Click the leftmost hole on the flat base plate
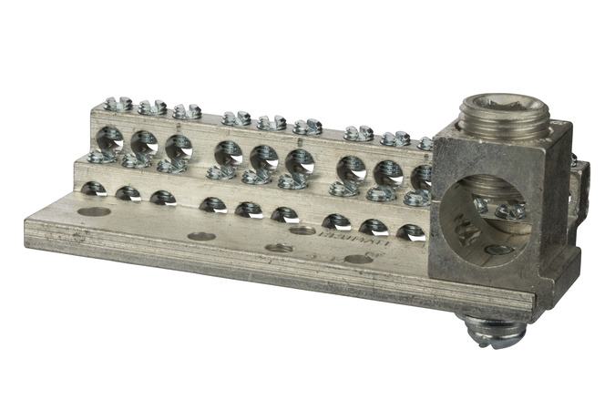(x=93, y=211)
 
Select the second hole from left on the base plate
(x=200, y=236)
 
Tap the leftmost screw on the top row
(x=118, y=104)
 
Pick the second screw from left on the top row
(x=152, y=108)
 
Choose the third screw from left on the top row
(x=187, y=112)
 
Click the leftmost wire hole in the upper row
(x=109, y=138)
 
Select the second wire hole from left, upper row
(x=144, y=142)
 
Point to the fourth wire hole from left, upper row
(x=228, y=152)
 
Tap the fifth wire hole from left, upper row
(x=263, y=157)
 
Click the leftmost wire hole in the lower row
(x=93, y=189)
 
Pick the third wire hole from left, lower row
(x=163, y=197)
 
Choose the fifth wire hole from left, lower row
(x=249, y=209)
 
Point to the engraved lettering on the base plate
(x=336, y=241)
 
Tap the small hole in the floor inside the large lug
(x=497, y=249)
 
